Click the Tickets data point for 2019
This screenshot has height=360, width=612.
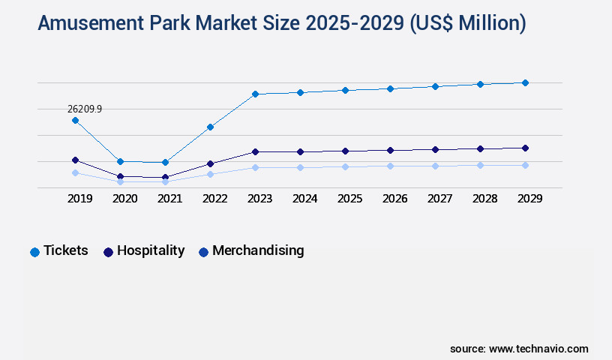point(75,120)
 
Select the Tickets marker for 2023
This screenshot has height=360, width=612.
point(255,94)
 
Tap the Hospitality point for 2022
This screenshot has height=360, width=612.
point(210,163)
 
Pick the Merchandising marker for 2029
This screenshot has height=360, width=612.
point(525,165)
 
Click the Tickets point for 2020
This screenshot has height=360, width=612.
point(120,161)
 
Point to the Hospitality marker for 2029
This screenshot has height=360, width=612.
point(525,148)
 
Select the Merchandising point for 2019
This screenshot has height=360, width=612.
point(75,172)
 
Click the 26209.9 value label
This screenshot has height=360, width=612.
point(85,109)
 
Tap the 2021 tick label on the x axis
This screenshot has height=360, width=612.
point(169,199)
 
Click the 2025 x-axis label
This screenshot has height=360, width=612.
point(349,199)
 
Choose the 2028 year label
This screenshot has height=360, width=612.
point(484,199)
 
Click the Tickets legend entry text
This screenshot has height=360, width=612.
point(66,250)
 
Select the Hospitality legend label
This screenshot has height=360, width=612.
point(151,250)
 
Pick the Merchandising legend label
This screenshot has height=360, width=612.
point(258,250)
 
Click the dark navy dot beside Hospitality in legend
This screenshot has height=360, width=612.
point(108,252)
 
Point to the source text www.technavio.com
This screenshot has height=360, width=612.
point(538,349)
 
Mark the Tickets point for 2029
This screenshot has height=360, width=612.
point(525,82)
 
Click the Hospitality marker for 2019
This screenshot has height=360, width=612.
point(75,160)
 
